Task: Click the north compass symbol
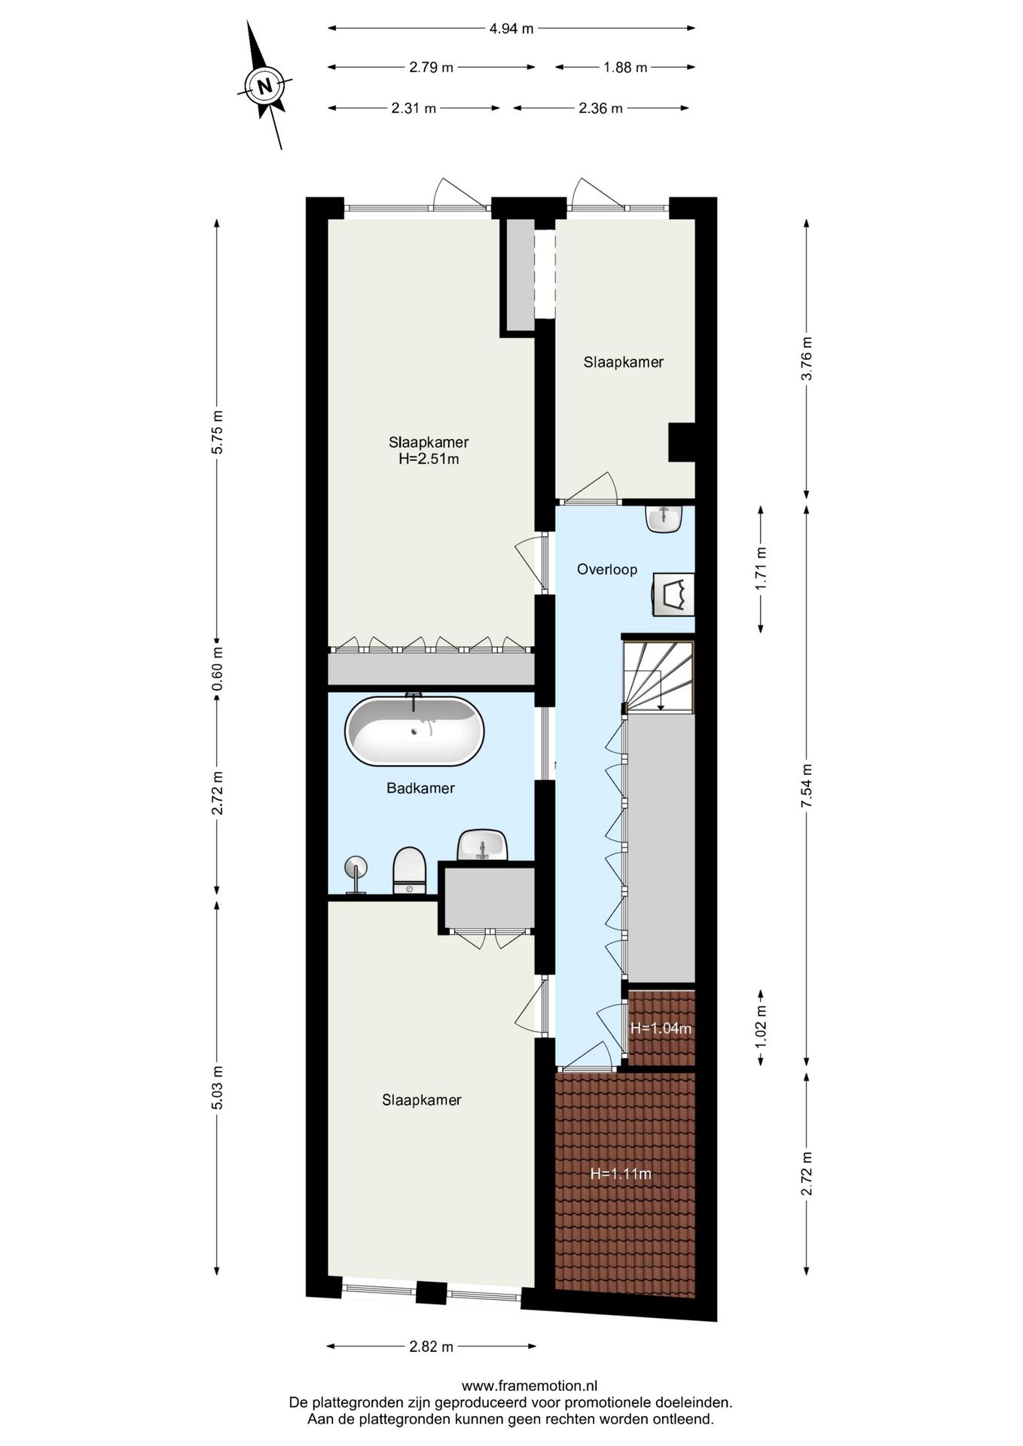(x=264, y=85)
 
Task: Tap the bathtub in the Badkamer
(x=414, y=731)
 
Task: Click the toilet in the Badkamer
(x=409, y=871)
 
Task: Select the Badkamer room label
(x=420, y=789)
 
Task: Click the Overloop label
(x=606, y=569)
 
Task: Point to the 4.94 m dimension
(x=511, y=29)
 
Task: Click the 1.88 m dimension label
(x=625, y=68)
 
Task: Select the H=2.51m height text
(x=428, y=459)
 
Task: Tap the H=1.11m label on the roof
(x=620, y=1173)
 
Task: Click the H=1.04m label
(x=661, y=1028)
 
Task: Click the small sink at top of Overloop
(x=664, y=519)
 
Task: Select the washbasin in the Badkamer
(x=482, y=845)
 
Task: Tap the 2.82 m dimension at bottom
(x=431, y=1347)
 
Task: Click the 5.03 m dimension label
(x=217, y=1088)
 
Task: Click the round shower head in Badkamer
(x=355, y=867)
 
